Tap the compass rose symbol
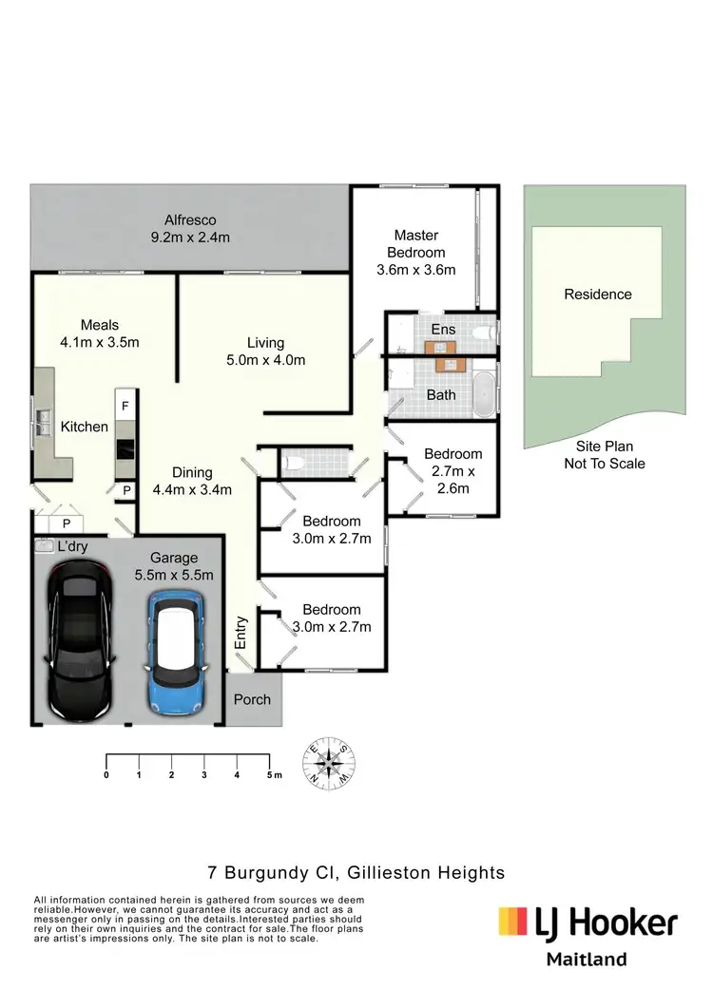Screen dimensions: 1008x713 pyautogui.click(x=331, y=762)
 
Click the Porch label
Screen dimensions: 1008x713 pyautogui.click(x=252, y=699)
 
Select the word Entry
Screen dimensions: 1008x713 pyautogui.click(x=241, y=634)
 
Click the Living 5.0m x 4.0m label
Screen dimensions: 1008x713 pyautogui.click(x=266, y=352)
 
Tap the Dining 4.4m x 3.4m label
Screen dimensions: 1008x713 pyautogui.click(x=192, y=481)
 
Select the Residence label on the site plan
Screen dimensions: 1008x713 pyautogui.click(x=597, y=295)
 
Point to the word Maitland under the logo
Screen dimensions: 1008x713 pyautogui.click(x=587, y=960)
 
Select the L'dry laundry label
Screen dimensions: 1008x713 pyautogui.click(x=73, y=548)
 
